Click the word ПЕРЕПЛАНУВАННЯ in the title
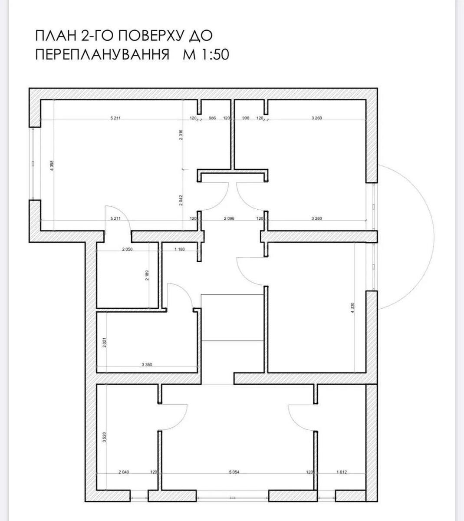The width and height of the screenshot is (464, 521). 102,55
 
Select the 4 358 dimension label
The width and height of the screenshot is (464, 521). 52,166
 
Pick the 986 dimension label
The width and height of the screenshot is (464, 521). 212,118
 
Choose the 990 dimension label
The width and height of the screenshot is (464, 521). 246,118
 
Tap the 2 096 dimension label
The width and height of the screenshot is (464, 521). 229,218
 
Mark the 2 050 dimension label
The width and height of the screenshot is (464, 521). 127,249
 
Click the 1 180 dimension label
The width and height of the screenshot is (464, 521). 179,249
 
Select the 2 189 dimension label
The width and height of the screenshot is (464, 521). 148,275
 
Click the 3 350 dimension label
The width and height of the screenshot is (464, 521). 147,365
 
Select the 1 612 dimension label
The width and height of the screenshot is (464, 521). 342,472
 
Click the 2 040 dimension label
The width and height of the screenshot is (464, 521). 124,472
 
